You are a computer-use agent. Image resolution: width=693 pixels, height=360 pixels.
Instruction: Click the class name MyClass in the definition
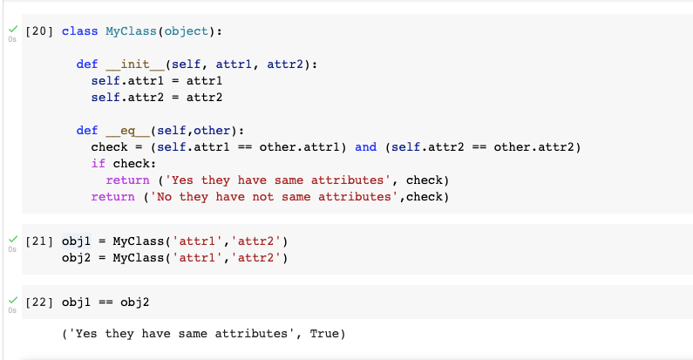point(132,31)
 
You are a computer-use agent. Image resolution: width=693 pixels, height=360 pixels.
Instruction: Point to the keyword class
point(79,31)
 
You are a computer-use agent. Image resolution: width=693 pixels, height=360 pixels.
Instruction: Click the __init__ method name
point(127,65)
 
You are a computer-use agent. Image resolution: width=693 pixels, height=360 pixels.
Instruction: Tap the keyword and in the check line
point(366,147)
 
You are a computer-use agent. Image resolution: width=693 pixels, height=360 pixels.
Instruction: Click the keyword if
point(98,164)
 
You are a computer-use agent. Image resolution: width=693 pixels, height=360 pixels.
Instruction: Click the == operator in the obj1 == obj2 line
point(105,302)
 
